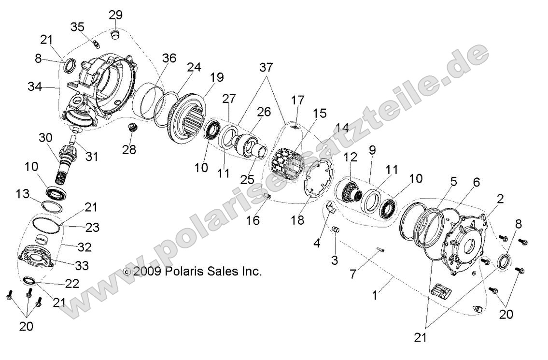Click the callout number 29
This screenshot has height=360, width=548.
(x=115, y=15)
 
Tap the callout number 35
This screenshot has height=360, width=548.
(x=78, y=27)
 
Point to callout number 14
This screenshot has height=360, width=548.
(x=342, y=128)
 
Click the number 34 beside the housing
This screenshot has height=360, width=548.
(x=35, y=87)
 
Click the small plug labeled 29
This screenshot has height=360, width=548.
(x=115, y=35)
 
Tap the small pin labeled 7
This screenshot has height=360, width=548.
(x=380, y=250)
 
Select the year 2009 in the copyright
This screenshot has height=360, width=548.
(x=147, y=272)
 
